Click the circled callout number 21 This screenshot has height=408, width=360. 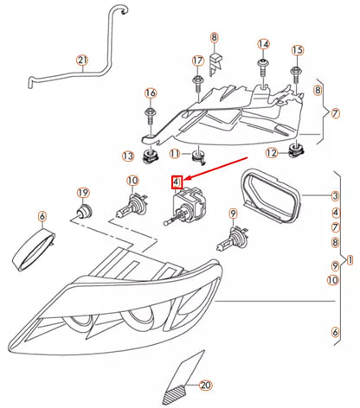[82, 61]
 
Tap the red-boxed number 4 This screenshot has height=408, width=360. [176, 182]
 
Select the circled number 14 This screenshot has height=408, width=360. [263, 44]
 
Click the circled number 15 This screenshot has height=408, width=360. [297, 50]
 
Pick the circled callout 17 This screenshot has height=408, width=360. [197, 61]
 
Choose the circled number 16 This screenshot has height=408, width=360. [151, 93]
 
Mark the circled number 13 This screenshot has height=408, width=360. [128, 156]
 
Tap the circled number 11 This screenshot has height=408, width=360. [175, 155]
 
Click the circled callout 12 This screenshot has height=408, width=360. [271, 153]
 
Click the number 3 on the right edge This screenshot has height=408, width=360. [336, 196]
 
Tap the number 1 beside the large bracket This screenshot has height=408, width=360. [350, 259]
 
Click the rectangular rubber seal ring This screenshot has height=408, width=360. [268, 195]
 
